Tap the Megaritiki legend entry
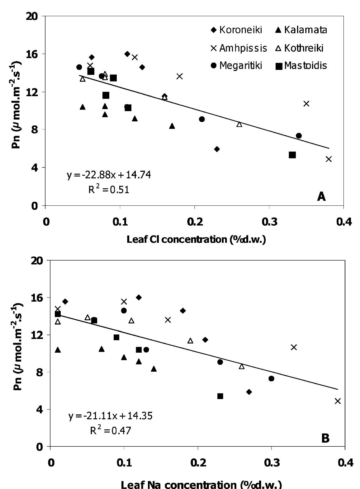[237, 66]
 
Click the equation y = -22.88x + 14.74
[109, 175]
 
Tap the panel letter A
[321, 196]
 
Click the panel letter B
[325, 438]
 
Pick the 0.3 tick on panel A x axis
[269, 222]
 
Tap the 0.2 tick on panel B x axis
[198, 463]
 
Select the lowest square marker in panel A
[292, 155]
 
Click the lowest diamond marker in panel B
[249, 392]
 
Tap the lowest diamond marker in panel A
[217, 149]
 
